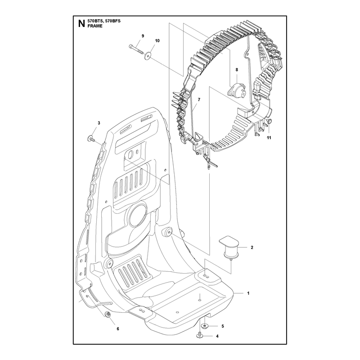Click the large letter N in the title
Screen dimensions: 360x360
click(x=81, y=23)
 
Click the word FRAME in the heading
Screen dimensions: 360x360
click(x=95, y=26)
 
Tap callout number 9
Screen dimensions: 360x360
click(x=143, y=36)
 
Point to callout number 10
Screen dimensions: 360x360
click(x=157, y=40)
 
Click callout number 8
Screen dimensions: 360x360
click(x=237, y=70)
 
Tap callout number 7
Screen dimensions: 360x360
click(x=199, y=99)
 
